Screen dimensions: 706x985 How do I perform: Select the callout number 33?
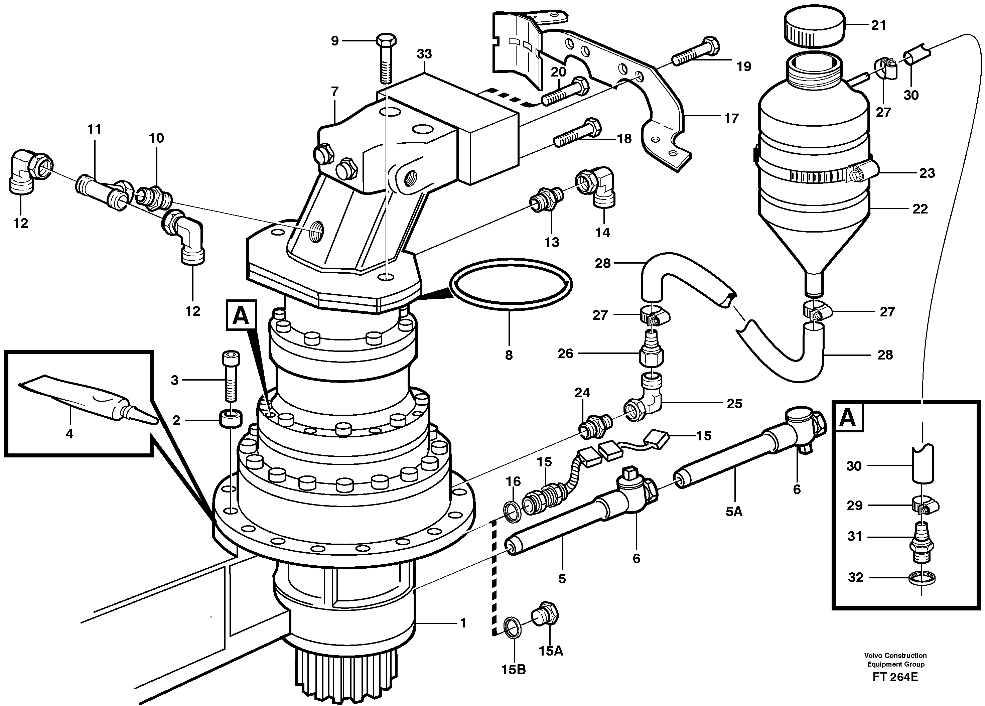[x=424, y=54]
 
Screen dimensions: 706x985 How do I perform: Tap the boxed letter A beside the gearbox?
[x=241, y=316]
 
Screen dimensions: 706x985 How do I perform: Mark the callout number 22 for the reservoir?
[x=920, y=209]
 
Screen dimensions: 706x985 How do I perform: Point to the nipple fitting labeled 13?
[x=547, y=200]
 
